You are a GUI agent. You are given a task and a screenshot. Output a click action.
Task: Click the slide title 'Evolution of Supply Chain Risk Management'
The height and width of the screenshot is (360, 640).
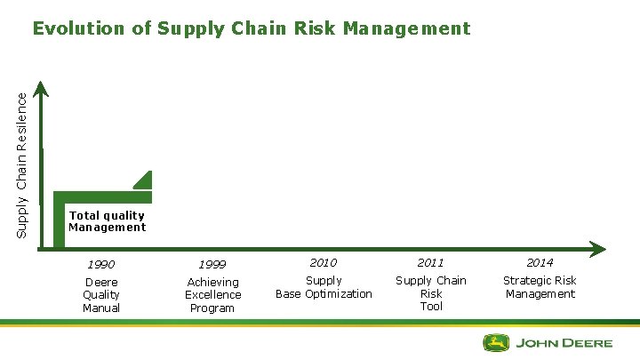(252, 28)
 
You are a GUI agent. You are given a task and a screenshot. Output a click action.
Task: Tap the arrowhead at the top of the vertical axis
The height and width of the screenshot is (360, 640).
(41, 88)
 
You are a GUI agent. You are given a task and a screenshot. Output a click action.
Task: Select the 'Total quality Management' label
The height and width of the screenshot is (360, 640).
(107, 221)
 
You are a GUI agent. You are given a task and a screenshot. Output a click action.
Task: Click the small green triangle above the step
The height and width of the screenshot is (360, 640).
(144, 180)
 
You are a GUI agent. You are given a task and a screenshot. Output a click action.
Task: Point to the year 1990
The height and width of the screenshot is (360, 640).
(100, 264)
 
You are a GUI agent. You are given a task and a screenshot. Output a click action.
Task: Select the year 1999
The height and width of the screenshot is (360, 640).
(212, 264)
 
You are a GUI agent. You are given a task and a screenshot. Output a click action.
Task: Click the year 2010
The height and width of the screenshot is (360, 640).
(323, 263)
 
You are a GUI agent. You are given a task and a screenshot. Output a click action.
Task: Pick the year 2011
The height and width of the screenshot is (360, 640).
(430, 263)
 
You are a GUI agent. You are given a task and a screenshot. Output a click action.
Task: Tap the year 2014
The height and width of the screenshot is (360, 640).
(540, 263)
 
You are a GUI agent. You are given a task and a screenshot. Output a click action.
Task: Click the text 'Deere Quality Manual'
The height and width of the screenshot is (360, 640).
(101, 295)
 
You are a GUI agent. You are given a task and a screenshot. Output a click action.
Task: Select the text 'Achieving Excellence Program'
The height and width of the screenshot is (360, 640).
(212, 295)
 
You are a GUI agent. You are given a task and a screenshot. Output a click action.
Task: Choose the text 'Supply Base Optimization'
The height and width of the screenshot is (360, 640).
(324, 287)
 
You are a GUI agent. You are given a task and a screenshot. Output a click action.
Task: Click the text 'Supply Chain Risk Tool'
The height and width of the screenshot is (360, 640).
(431, 293)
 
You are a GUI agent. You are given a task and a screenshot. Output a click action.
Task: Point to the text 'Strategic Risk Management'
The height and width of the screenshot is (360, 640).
(540, 287)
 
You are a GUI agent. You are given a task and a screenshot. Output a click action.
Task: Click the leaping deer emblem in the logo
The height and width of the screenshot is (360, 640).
(496, 342)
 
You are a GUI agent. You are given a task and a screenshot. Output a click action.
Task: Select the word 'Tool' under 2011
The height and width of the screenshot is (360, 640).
(431, 307)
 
